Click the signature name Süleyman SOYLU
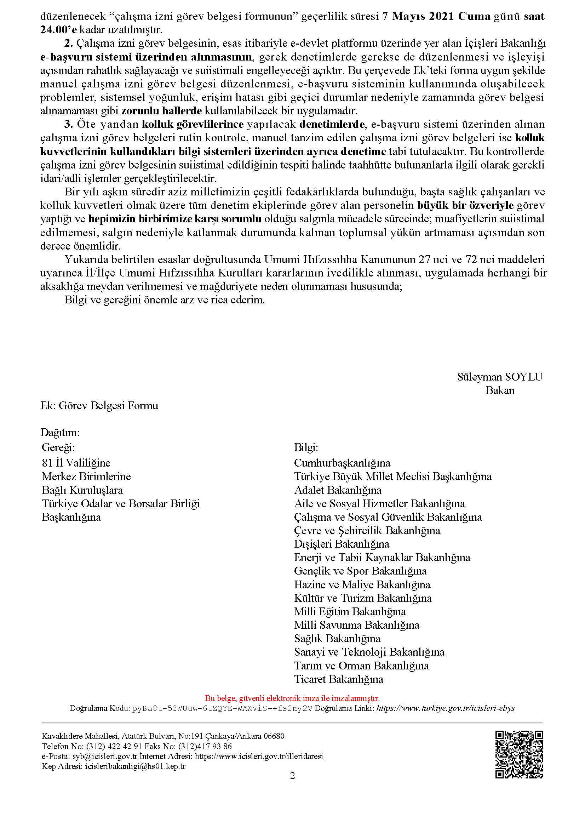point(500,377)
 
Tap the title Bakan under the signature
point(500,390)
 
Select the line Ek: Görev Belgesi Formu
point(99,406)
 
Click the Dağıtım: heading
point(60,432)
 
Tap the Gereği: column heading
point(58,447)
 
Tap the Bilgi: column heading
point(306,447)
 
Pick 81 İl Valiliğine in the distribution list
point(76,463)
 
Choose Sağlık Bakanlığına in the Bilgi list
point(337,639)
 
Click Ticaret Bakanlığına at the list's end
point(338,679)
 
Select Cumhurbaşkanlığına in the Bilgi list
point(342,463)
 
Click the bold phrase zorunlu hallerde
point(161,111)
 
